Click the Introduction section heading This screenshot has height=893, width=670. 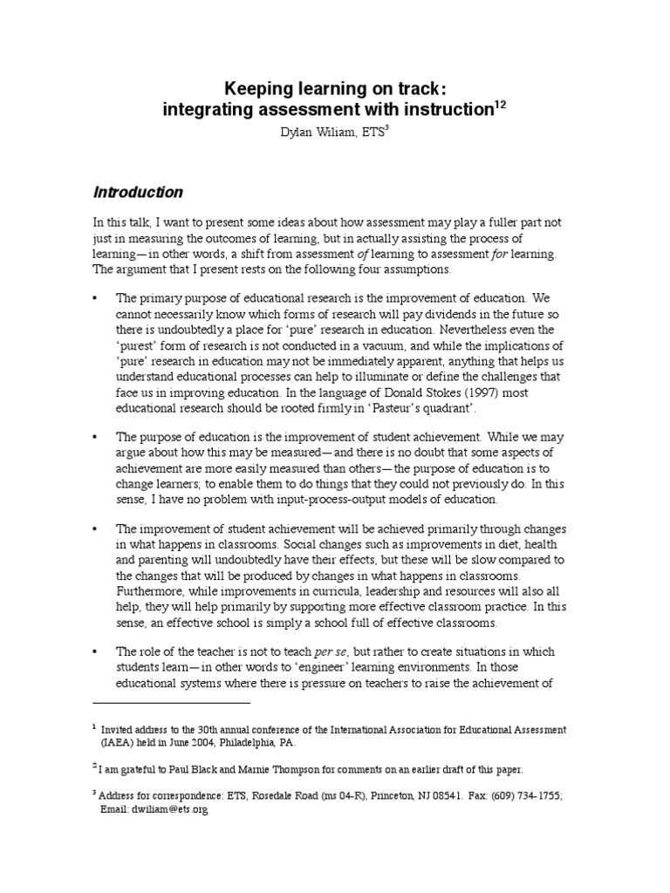click(x=138, y=192)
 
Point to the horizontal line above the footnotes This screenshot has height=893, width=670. click(x=171, y=701)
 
